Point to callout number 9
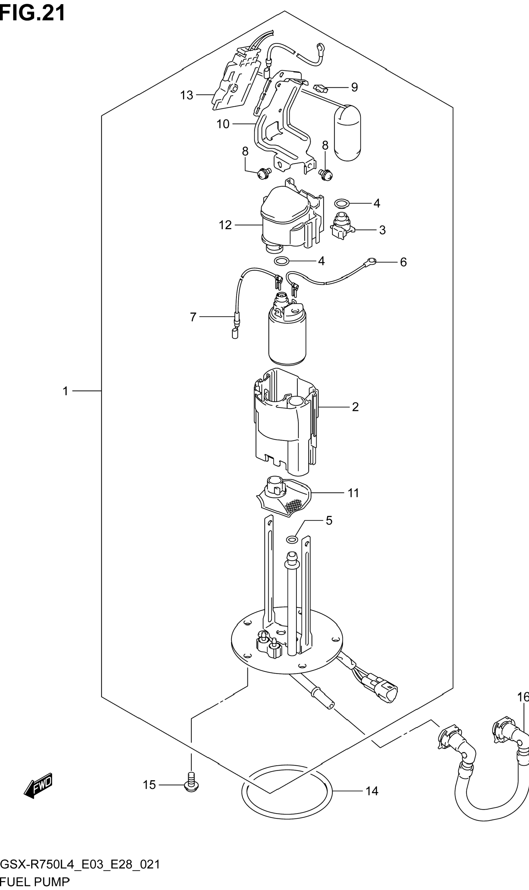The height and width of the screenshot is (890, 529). (x=354, y=87)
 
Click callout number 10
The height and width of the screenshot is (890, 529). (x=223, y=124)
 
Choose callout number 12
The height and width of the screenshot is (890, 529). (x=225, y=225)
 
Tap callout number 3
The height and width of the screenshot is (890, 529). (x=382, y=230)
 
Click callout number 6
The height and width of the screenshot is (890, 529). (x=403, y=262)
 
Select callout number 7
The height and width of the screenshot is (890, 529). (x=193, y=317)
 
